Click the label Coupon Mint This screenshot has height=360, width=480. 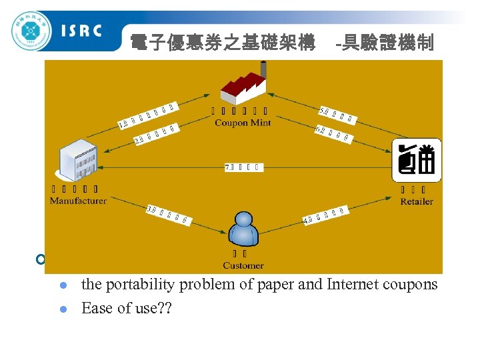(x=243, y=123)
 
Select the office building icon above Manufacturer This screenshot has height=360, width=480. (x=77, y=159)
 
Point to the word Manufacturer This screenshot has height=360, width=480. (x=78, y=200)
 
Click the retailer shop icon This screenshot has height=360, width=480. (x=417, y=161)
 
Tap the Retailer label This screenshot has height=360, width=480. (x=417, y=201)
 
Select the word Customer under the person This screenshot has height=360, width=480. (x=243, y=265)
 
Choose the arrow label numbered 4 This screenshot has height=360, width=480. (x=325, y=214)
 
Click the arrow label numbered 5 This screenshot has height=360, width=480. (x=337, y=115)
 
